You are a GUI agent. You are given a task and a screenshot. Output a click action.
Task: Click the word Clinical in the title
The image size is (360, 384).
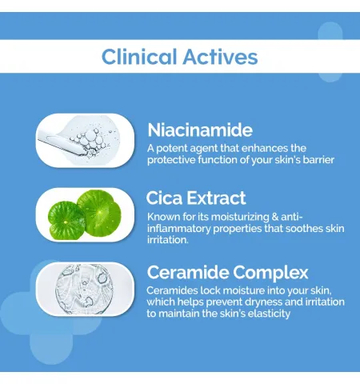pos(139,57)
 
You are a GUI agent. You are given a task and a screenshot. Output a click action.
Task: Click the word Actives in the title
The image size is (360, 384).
pos(220,57)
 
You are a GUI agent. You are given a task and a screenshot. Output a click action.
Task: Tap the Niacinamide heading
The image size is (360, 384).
pos(200,130)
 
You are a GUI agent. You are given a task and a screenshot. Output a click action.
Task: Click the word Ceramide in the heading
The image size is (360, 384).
pos(188,272)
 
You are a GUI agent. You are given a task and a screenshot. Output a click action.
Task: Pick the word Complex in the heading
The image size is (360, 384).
pos(270,273)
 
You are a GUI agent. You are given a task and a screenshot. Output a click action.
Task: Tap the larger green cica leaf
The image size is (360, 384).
pos(99,210)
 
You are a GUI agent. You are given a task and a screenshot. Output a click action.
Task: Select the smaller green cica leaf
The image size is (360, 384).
pos(66,220)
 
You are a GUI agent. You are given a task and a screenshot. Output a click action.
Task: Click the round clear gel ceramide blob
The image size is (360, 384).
pos(84,289)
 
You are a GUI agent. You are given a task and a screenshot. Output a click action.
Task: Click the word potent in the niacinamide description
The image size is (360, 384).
pos(169,149)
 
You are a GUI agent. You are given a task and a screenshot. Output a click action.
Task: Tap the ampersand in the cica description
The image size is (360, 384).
pos(275,217)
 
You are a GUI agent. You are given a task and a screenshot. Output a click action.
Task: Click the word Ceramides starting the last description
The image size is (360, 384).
pos(172,290)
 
